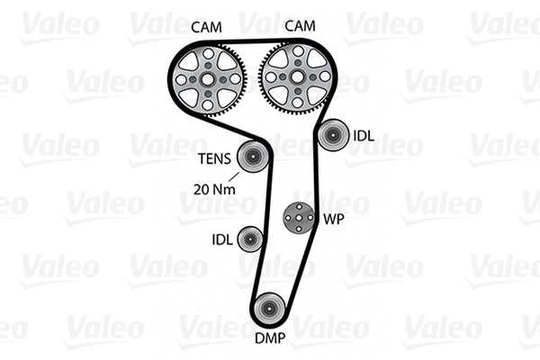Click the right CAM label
coord(301,26)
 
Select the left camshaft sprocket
coord(210,79)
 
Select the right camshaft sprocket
coord(294,79)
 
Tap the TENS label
coord(215,161)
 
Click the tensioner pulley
coord(251,159)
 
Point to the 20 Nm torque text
coord(212,189)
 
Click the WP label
coord(333,219)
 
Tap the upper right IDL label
coord(363,137)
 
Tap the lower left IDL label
coord(221,239)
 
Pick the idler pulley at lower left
coord(249,238)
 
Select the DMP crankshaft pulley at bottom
coord(269,310)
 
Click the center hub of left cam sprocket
coord(210,79)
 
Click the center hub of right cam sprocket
coord(294,79)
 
